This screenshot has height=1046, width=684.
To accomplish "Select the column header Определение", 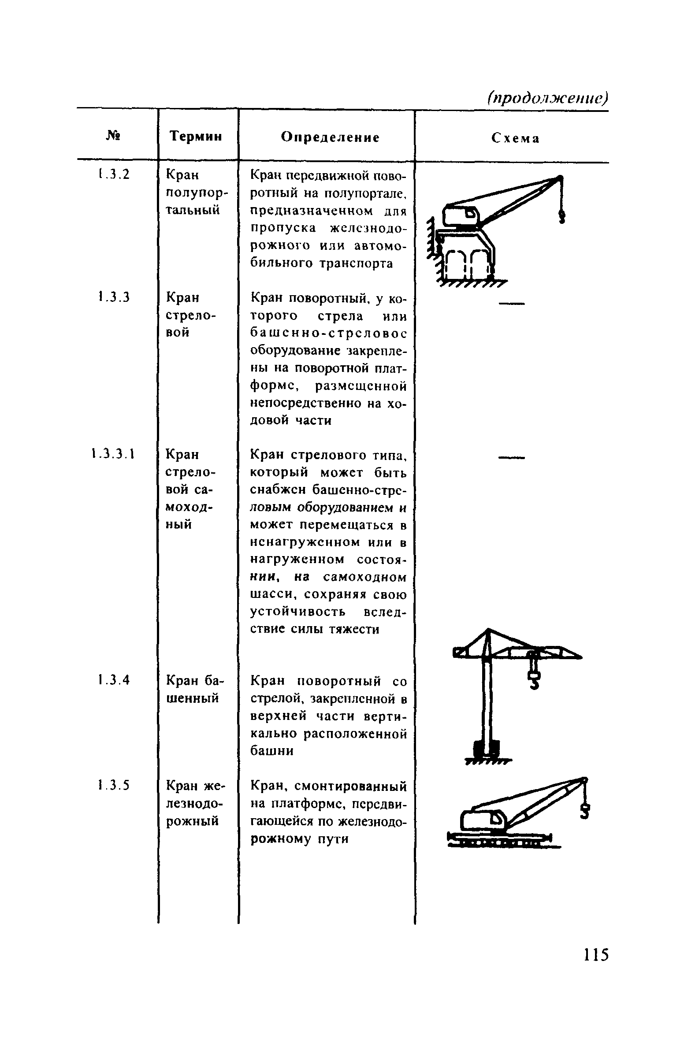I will click(x=330, y=137).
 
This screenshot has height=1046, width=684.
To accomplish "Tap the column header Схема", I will click(x=515, y=139).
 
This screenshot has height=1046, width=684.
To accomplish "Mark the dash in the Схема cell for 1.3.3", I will click(x=512, y=303).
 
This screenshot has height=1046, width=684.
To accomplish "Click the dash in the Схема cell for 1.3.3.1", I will click(x=512, y=458).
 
